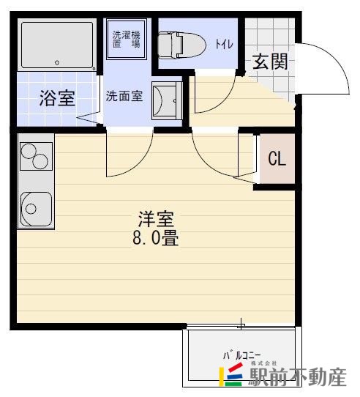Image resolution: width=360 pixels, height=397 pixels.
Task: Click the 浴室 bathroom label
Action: pyautogui.click(x=57, y=99)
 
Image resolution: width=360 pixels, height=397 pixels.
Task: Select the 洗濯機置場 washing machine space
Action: pyautogui.click(x=126, y=40)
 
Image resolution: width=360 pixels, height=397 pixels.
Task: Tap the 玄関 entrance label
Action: pyautogui.click(x=269, y=62)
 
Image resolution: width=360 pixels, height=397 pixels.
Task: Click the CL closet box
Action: pyautogui.click(x=277, y=158)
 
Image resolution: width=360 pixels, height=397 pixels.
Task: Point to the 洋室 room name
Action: pyautogui.click(x=157, y=219)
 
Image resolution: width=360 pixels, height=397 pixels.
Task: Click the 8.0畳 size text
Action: pyautogui.click(x=156, y=238)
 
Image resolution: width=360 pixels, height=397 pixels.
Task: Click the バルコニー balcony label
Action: pyautogui.click(x=242, y=355)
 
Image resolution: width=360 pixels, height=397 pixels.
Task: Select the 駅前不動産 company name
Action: pyautogui.click(x=296, y=378)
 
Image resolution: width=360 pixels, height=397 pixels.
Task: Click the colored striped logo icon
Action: pyautogui.click(x=232, y=376)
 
